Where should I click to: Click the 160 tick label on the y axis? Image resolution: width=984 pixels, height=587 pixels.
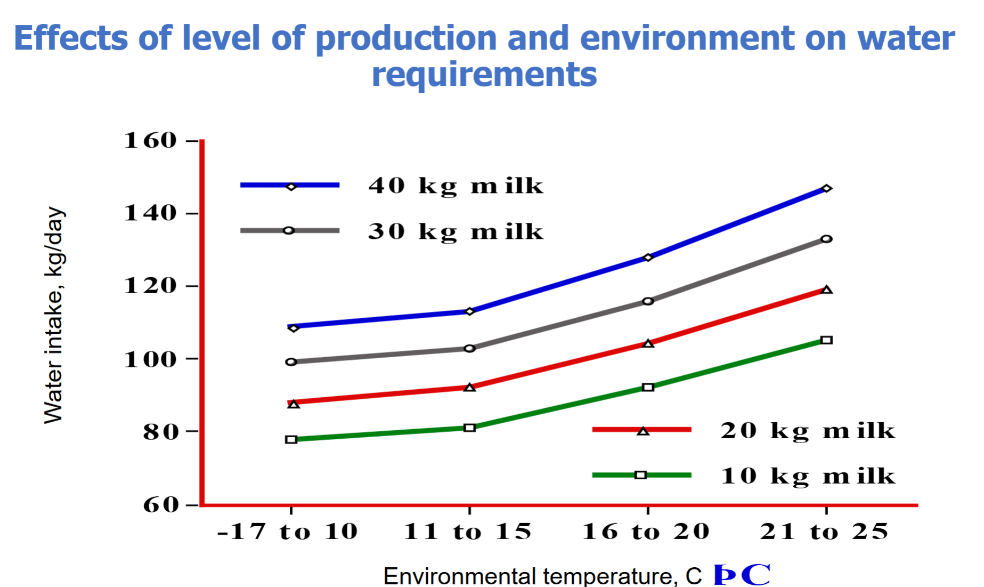coord(150,140)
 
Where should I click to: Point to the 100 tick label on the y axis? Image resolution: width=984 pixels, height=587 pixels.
coord(150,359)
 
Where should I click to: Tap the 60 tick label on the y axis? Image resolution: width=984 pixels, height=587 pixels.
coord(160,504)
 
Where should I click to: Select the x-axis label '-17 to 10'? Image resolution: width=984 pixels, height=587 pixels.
coord(288,532)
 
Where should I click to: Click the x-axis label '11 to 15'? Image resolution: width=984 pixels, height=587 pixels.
coord(468,532)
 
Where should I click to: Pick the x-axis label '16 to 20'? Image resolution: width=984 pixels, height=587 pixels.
coord(646,532)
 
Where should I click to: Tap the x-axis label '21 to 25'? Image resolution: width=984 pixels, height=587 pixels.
coord(825,532)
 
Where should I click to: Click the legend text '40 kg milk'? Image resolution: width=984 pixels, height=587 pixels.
coord(456,186)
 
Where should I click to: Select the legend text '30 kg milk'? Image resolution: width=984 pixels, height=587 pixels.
coord(456,231)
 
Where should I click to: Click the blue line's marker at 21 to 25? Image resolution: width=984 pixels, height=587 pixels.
coord(826,189)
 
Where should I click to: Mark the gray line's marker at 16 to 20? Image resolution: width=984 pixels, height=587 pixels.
coord(648,301)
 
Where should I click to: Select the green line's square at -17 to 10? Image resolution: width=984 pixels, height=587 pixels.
coord(291,440)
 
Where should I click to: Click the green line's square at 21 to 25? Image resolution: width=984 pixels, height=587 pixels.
coord(826,340)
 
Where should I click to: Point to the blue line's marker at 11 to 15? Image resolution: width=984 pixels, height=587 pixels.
coord(469,311)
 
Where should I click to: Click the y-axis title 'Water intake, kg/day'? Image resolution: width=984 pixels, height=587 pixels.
coord(54,316)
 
